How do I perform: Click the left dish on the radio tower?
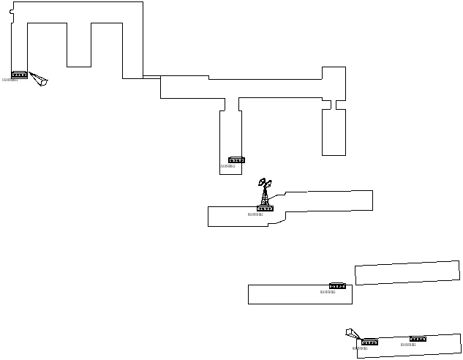(262, 182)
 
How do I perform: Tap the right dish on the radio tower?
(268, 184)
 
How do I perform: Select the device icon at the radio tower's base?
(265, 209)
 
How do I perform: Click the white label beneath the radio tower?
(264, 215)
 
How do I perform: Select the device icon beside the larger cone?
(19, 75)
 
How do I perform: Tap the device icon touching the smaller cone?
(369, 342)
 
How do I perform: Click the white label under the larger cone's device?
(18, 80)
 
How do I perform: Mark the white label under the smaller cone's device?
(369, 349)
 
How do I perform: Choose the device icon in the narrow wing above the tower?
(236, 160)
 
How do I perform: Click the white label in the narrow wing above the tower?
(236, 167)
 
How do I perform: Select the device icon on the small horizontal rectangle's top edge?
(337, 286)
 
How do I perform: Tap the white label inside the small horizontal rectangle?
(336, 292)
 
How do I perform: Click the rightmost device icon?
(418, 339)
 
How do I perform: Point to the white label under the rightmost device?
(417, 345)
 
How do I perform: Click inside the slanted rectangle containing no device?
(407, 273)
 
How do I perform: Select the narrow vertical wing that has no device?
(334, 132)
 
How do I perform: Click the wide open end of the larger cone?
(44, 81)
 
